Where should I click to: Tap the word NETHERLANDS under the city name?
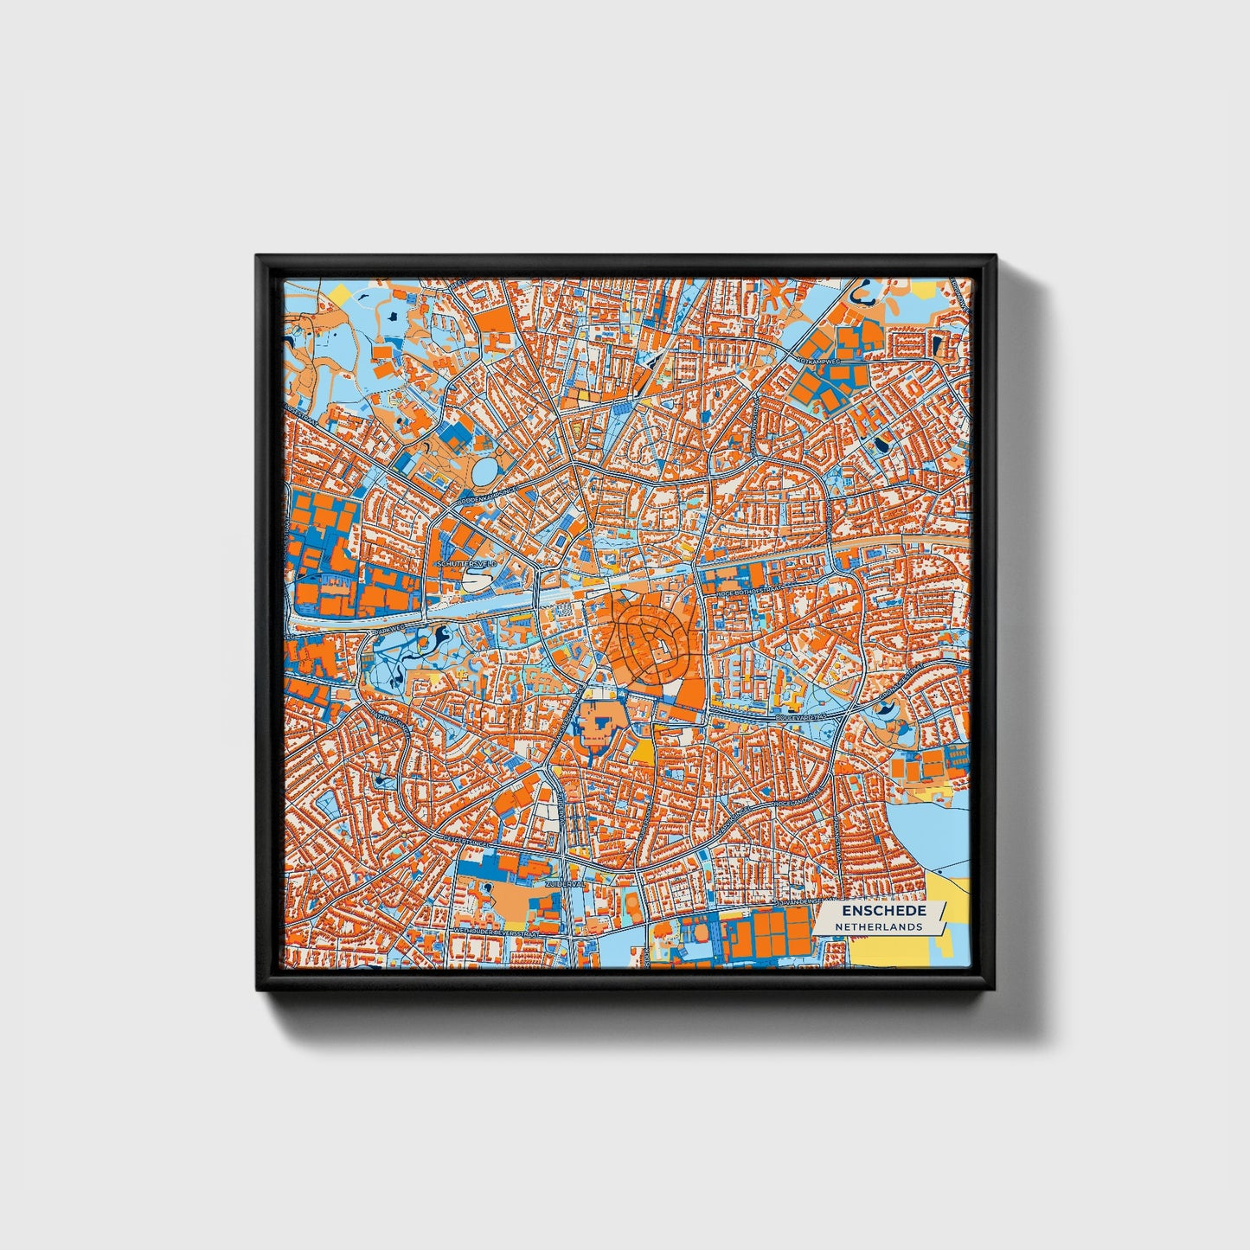(878, 926)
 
